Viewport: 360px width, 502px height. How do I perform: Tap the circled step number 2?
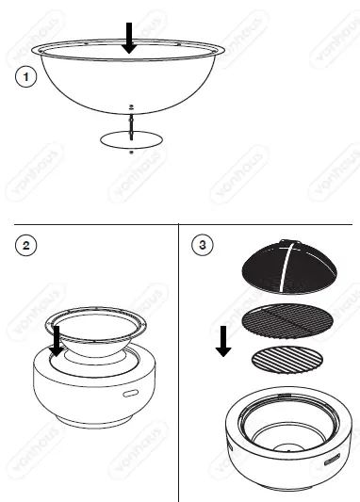point(26,247)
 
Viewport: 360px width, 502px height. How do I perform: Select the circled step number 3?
point(202,247)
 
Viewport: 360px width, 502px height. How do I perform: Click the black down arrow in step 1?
point(131,37)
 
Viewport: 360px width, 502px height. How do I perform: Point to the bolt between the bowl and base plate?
point(131,121)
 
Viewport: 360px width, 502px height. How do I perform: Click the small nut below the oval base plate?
point(131,152)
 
